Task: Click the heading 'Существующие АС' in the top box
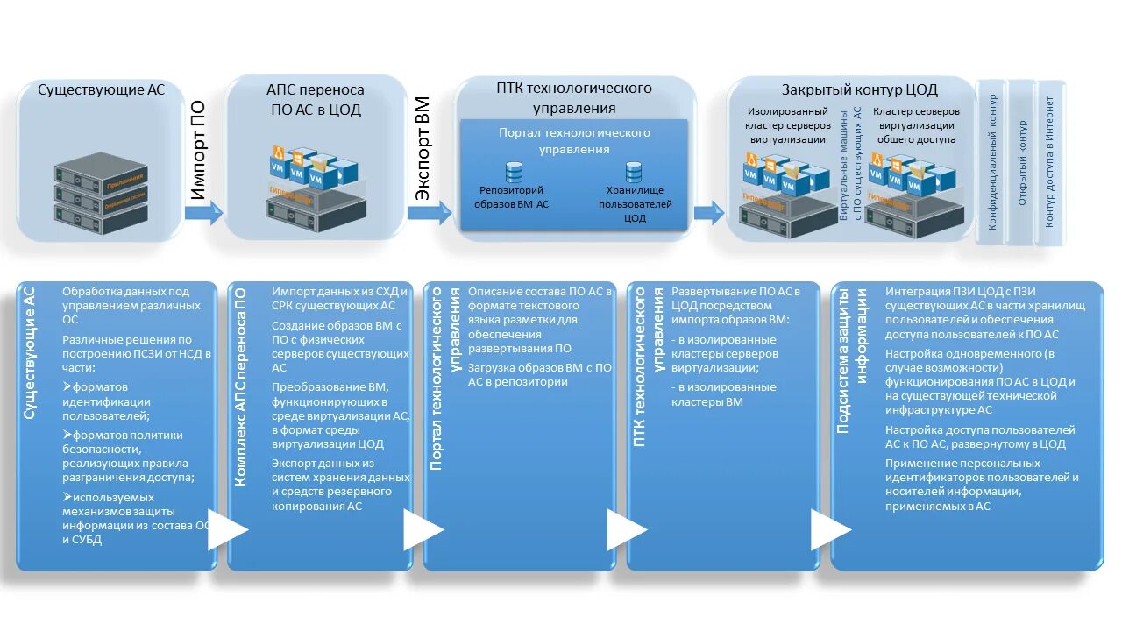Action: point(101,90)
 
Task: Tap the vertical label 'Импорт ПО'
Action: point(199,151)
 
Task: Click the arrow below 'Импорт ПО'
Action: point(204,212)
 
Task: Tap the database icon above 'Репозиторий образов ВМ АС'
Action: point(514,172)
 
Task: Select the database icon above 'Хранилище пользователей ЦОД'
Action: point(634,172)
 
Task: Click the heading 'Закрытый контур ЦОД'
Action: point(859,90)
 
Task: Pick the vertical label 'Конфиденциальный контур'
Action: point(993,162)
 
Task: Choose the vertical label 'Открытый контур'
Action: point(1022,163)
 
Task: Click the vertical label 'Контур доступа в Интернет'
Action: point(1049,162)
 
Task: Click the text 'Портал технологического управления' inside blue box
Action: point(574,141)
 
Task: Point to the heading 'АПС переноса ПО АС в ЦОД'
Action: point(315,100)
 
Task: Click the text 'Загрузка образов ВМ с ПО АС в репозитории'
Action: point(540,375)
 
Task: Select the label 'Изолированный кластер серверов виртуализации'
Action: point(786,125)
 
